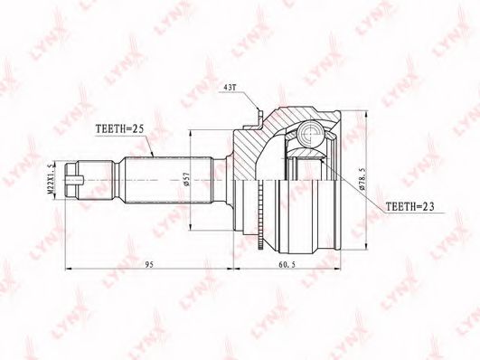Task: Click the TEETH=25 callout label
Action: click(119, 129)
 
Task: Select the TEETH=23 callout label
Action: click(409, 207)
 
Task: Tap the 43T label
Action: click(231, 88)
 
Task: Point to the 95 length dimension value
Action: click(149, 264)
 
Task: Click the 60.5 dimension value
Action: click(287, 264)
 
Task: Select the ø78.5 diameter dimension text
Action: click(362, 178)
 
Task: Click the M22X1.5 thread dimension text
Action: click(52, 178)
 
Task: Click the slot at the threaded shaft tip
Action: click(75, 179)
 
